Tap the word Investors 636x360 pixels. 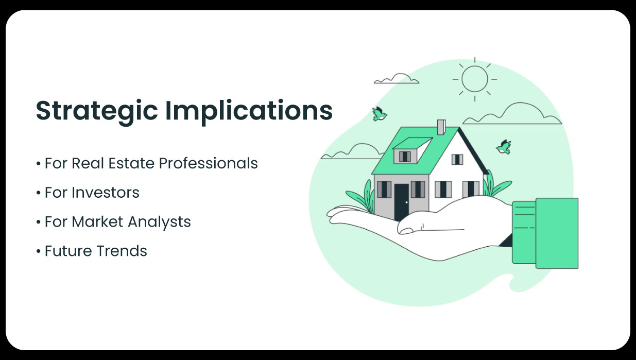click(x=106, y=193)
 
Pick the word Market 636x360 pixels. click(x=95, y=222)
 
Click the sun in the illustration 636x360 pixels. click(x=474, y=79)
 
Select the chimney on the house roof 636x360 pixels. click(x=441, y=127)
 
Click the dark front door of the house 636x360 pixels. click(x=401, y=201)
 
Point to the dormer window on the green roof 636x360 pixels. click(x=405, y=156)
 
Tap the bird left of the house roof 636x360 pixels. click(x=380, y=114)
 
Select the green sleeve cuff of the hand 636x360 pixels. click(x=556, y=233)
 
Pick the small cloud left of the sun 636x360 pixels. click(x=396, y=79)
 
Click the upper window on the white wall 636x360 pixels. click(x=457, y=159)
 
